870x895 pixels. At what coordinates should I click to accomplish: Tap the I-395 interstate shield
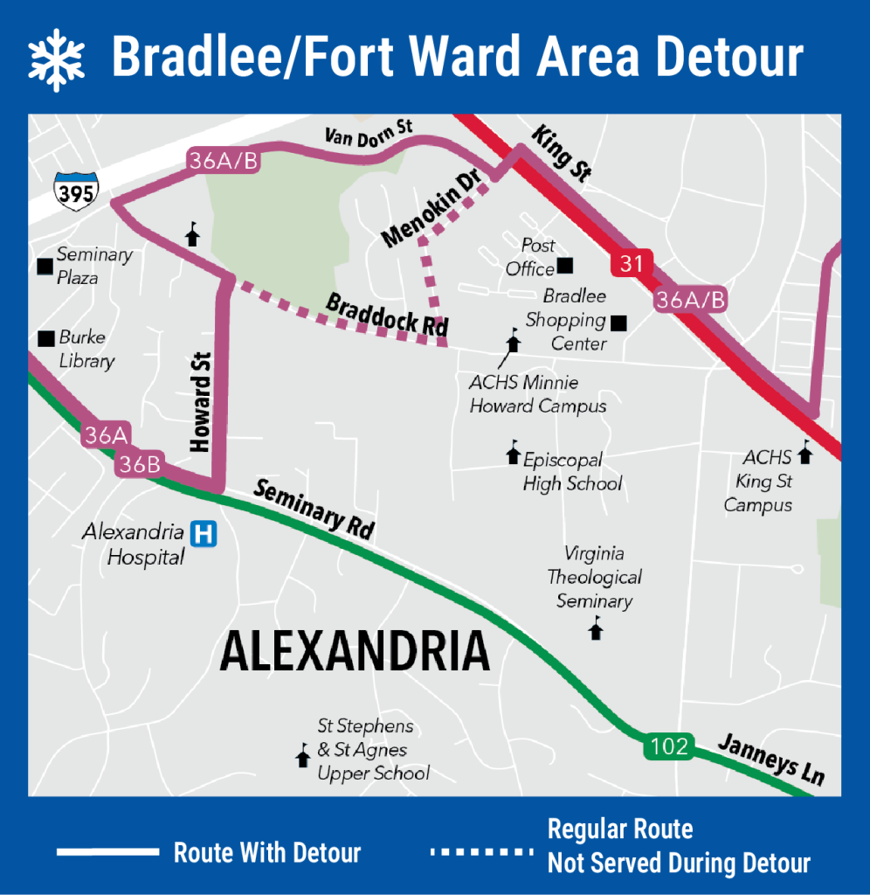click(76, 191)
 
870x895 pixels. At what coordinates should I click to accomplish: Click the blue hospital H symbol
click(204, 533)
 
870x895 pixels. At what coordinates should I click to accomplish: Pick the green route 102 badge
click(670, 747)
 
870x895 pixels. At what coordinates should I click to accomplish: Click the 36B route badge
click(139, 464)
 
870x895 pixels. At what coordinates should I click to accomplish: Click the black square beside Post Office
click(565, 266)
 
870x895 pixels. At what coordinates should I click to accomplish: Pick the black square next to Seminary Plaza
click(45, 266)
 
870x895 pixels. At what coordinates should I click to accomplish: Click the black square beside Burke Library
click(45, 338)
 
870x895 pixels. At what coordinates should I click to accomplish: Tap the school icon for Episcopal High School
click(513, 453)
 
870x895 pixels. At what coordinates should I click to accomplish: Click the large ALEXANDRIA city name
click(354, 652)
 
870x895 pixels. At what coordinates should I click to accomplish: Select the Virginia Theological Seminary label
click(594, 577)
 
